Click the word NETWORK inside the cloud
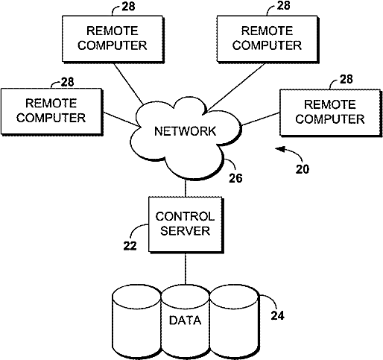[x=185, y=131]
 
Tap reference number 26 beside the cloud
[x=235, y=178]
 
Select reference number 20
[x=303, y=169]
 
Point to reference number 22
[x=130, y=246]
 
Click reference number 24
[x=277, y=315]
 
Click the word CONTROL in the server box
[x=185, y=216]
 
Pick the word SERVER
[x=185, y=231]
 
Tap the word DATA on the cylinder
[x=185, y=320]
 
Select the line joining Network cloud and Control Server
[x=186, y=188]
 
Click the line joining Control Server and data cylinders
[x=186, y=268]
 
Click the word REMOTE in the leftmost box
[x=51, y=103]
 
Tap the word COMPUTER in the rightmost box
[x=330, y=119]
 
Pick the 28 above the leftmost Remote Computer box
[x=67, y=82]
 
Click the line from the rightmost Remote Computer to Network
[x=261, y=119]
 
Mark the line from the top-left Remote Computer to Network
[x=128, y=83]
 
